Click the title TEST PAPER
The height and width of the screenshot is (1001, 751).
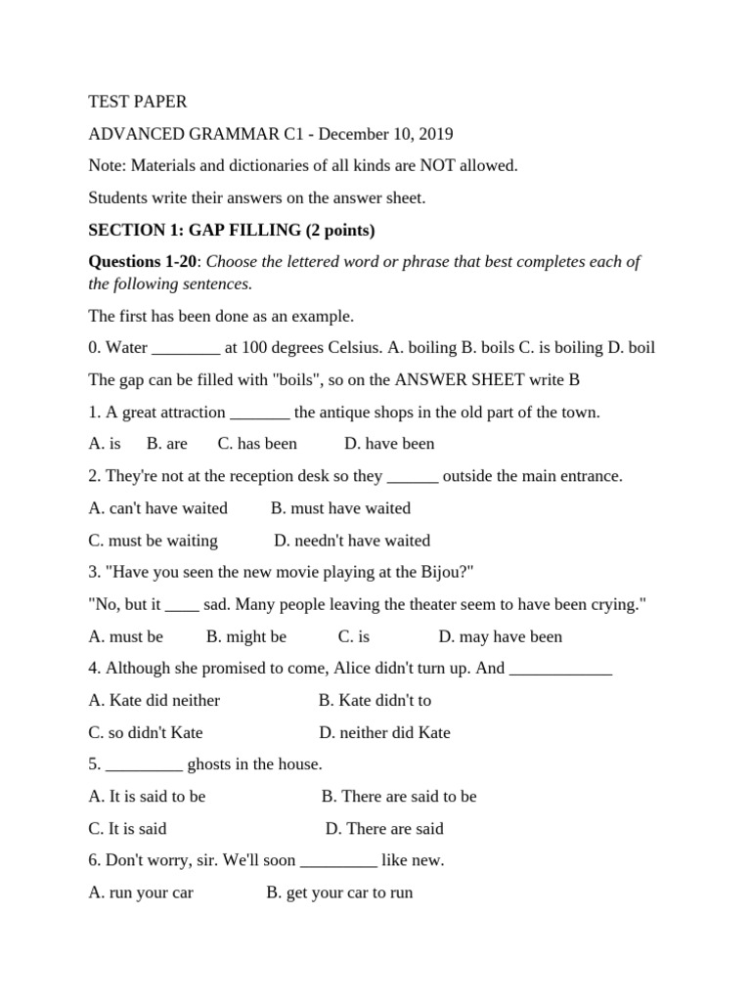pyautogui.click(x=137, y=102)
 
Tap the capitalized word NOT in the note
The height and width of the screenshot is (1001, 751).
pyautogui.click(x=407, y=166)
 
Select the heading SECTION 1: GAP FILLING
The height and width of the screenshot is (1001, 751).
pyautogui.click(x=232, y=231)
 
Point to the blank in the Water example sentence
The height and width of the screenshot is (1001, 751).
pyautogui.click(x=187, y=348)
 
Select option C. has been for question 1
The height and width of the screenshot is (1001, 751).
pyautogui.click(x=257, y=444)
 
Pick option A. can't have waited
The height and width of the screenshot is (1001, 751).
pyautogui.click(x=157, y=508)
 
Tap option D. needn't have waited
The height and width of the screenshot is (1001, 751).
pyautogui.click(x=352, y=541)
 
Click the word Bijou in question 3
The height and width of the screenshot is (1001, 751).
pyautogui.click(x=445, y=572)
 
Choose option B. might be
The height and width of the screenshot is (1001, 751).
pyautogui.click(x=246, y=636)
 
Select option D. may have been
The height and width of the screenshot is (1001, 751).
pyautogui.click(x=500, y=636)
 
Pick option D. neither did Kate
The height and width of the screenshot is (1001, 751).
pyautogui.click(x=384, y=732)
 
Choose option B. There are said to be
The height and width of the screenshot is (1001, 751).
pyautogui.click(x=399, y=797)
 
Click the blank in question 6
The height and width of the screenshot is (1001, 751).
pyautogui.click(x=338, y=861)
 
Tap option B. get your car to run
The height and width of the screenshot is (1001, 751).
pyautogui.click(x=339, y=893)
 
